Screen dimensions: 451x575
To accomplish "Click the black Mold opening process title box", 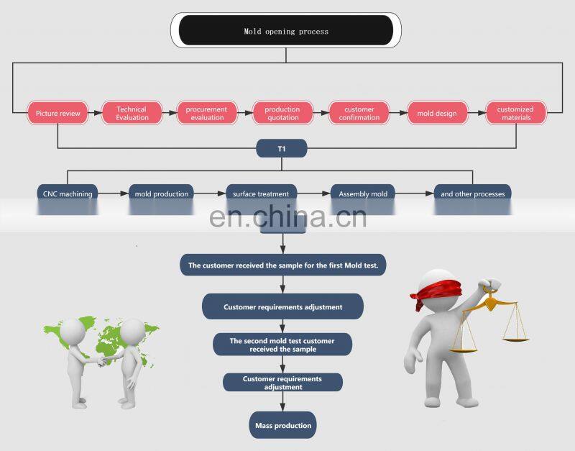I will (x=285, y=31).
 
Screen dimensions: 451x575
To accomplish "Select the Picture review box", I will (x=58, y=113).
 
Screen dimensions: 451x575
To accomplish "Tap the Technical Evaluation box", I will (x=132, y=113).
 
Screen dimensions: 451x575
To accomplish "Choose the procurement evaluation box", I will (x=206, y=113).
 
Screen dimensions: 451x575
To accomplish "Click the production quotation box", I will (x=282, y=113).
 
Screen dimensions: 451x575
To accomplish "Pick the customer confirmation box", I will (x=359, y=113).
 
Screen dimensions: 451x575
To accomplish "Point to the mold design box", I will (x=436, y=113).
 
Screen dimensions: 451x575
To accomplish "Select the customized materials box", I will (x=515, y=113).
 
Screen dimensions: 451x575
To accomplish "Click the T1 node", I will (x=282, y=149).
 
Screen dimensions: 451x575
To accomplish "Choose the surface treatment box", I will (x=261, y=193).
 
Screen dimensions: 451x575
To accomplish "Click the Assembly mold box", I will (x=363, y=193).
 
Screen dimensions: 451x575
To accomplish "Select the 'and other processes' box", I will (x=472, y=193).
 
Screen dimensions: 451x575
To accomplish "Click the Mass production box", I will (x=283, y=425).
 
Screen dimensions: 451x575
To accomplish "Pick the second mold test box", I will (x=282, y=345).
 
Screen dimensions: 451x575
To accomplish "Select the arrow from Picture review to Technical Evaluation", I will (x=95, y=113).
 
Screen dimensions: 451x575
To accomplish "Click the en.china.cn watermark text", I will (x=287, y=215).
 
